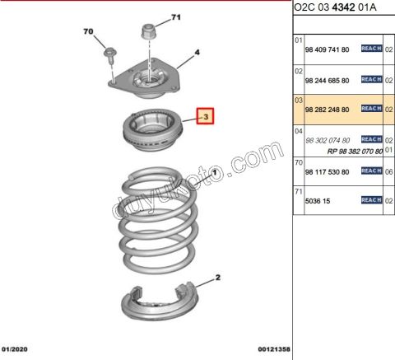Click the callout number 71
[175, 17]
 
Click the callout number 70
[90, 33]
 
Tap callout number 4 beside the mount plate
[197, 54]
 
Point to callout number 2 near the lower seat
[218, 278]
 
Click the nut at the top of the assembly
[149, 33]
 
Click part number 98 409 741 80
[328, 49]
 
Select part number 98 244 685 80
[328, 80]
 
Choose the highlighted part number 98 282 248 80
[328, 109]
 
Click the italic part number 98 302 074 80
[328, 140]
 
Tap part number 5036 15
[318, 200]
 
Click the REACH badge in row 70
[371, 171]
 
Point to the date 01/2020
[18, 349]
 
